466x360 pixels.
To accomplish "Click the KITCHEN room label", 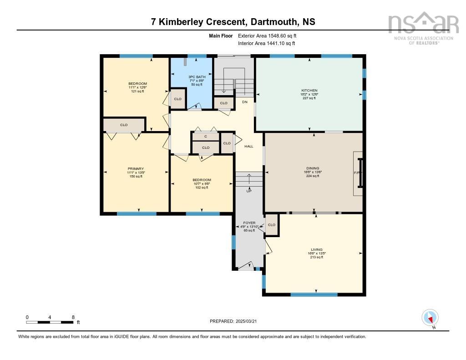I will click(x=309, y=91).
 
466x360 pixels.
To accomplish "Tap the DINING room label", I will click(x=313, y=168).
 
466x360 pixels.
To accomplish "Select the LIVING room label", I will click(x=317, y=249).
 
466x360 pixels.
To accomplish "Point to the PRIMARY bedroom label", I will click(x=136, y=168).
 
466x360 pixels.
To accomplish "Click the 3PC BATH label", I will click(x=197, y=77).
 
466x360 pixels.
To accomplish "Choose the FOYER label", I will click(x=248, y=223).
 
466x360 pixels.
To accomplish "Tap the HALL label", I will click(x=249, y=147).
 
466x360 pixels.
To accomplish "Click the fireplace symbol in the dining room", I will click(x=359, y=173).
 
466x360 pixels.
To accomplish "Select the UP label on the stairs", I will click(x=249, y=191).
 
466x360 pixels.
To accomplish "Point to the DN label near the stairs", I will click(x=245, y=101).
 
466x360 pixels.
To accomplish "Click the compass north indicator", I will click(x=430, y=318).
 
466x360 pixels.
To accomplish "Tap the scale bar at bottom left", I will click(x=50, y=322).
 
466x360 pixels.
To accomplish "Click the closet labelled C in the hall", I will click(x=205, y=137).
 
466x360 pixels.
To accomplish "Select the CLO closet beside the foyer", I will click(x=272, y=225).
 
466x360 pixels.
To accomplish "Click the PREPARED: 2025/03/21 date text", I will click(x=236, y=321).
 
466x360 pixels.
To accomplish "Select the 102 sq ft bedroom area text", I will click(x=202, y=188).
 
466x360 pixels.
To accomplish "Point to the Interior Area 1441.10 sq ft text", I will click(x=267, y=44).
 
